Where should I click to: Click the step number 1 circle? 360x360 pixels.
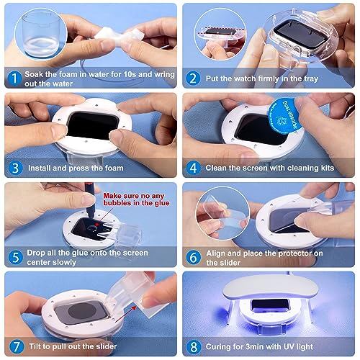point(14,78)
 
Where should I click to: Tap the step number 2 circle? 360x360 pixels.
point(193,78)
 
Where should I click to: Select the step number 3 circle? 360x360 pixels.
point(15,168)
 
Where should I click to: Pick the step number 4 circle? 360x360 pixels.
point(193,168)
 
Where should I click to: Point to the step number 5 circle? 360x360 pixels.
point(15,257)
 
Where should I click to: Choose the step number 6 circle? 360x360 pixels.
point(194,258)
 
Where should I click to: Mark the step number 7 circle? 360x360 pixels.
point(17,346)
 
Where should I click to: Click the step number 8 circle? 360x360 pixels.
point(194,347)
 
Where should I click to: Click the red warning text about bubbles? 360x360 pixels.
point(136,199)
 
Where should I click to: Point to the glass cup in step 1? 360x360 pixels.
point(40,34)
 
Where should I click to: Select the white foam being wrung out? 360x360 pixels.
point(120,35)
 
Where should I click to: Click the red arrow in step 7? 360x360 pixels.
point(125,314)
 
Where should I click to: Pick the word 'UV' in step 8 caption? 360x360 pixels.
point(289,346)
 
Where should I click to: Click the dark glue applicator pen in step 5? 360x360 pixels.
point(91,201)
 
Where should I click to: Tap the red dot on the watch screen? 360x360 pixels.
point(97,225)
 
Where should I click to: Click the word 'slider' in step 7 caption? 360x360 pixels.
point(107,346)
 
